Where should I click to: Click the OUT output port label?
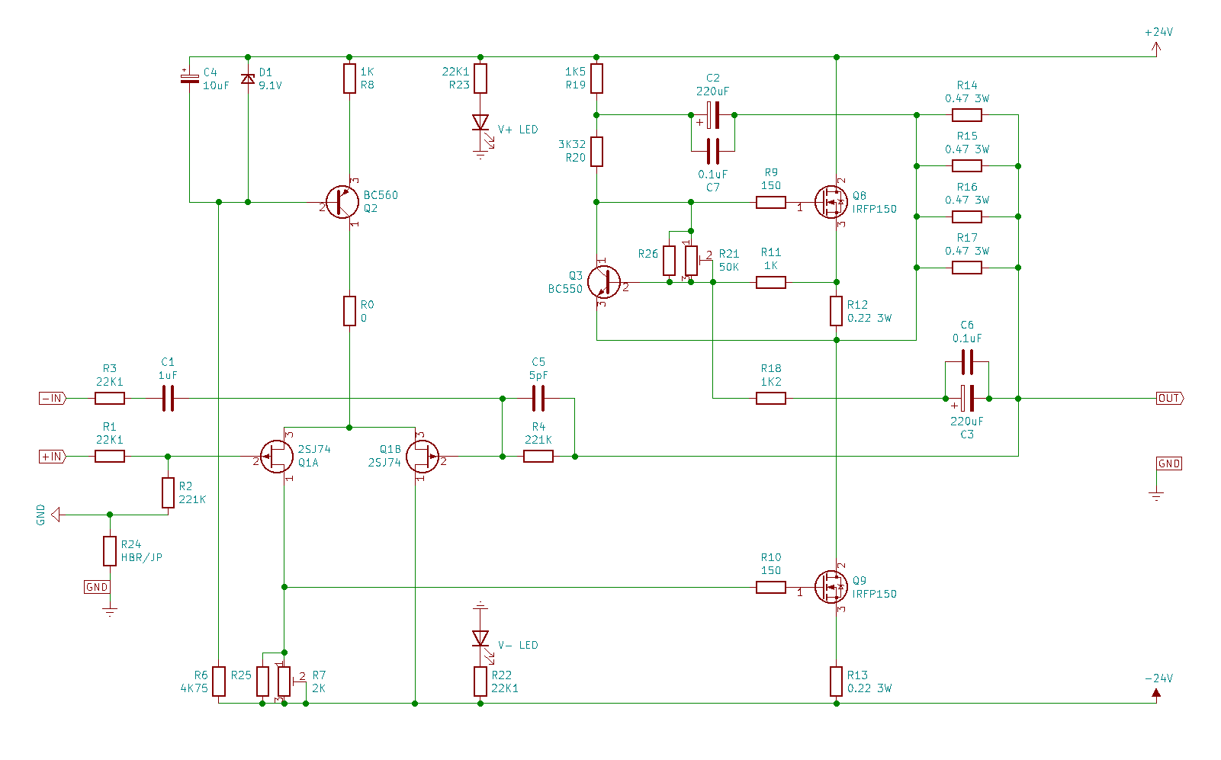[x=1170, y=398]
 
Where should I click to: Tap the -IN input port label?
[x=53, y=398]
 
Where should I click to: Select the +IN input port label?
[x=53, y=457]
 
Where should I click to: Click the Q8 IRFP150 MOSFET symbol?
[x=831, y=202]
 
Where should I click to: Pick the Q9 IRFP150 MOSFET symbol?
[x=831, y=587]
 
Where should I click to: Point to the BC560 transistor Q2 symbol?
[x=342, y=202]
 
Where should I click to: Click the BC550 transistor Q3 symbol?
[x=604, y=282]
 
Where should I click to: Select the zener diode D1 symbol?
[x=248, y=79]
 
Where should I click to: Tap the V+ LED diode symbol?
[x=480, y=122]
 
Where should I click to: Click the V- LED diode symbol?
[x=480, y=638]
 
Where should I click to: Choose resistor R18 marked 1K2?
[x=771, y=398]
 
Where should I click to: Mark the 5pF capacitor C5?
[x=538, y=398]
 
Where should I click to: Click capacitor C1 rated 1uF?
[x=168, y=398]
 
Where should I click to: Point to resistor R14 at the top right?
[x=967, y=115]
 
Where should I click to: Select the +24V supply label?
[x=1159, y=32]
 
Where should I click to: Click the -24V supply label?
[x=1159, y=678]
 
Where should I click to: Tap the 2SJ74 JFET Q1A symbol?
[x=277, y=457]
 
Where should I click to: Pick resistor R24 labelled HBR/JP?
[x=110, y=551]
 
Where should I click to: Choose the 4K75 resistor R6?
[x=219, y=681]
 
